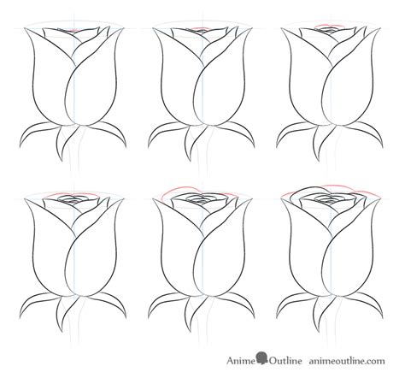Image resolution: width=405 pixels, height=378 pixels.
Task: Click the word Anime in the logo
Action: tap(241, 361)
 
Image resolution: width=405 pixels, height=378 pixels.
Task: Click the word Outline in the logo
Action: tap(285, 361)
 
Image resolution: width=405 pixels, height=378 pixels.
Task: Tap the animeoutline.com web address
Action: tap(347, 361)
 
